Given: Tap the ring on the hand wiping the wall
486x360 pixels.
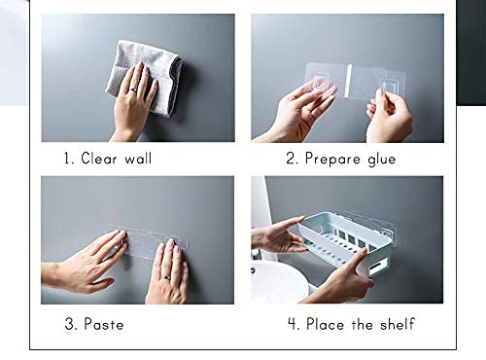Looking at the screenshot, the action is (x=133, y=90).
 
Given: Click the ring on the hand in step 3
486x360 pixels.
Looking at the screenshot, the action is (x=165, y=277).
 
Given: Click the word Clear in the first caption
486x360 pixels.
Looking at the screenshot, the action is (x=98, y=159).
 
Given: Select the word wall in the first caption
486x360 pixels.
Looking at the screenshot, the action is (x=138, y=159).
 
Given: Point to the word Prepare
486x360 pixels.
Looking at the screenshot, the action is (x=332, y=160).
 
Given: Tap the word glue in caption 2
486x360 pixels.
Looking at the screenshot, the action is (x=382, y=160).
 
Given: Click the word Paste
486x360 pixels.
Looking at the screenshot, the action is (x=104, y=324).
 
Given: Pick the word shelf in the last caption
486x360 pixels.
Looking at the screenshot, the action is (x=398, y=324).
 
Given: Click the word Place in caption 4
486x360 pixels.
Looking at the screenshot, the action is (x=326, y=324).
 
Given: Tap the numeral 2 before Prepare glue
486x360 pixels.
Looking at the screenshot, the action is (x=292, y=159).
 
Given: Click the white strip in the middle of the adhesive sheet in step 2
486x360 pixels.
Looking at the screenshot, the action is (x=348, y=81).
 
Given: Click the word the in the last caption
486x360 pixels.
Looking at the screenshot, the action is (x=362, y=324).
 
